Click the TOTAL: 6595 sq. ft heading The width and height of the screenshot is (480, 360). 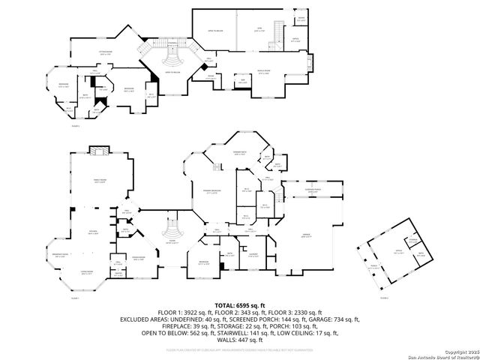click(x=239, y=305)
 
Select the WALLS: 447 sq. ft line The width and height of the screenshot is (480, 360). click(x=239, y=339)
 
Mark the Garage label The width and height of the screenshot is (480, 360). click(x=307, y=236)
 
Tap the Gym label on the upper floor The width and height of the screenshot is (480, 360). click(x=259, y=28)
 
